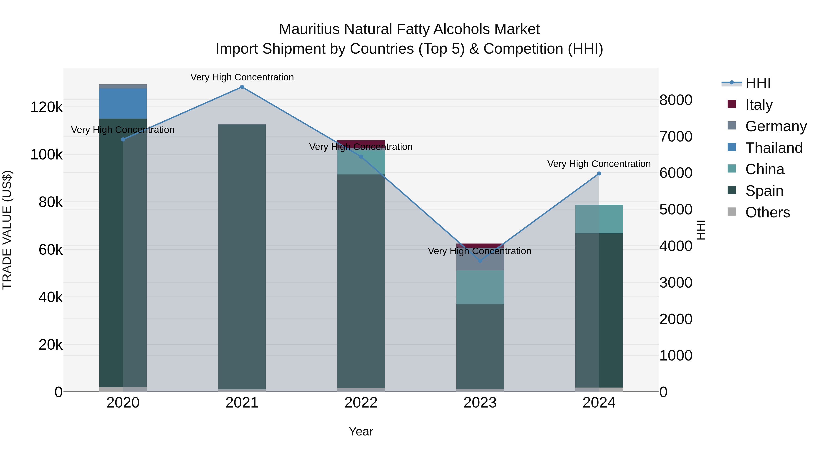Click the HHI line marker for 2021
pos(242,87)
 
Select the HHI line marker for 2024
pos(599,174)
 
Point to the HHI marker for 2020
pos(123,139)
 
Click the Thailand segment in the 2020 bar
pos(123,104)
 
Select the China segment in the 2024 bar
pos(599,219)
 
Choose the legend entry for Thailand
pos(774,148)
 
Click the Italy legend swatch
pos(732,104)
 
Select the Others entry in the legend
pos(768,212)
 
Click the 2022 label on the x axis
pos(361,403)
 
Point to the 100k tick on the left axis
pos(46,155)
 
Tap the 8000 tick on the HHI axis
pos(676,100)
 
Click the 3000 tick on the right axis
pos(676,283)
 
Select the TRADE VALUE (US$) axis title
pos(7,230)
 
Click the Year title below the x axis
pos(361,431)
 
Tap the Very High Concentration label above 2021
pos(242,77)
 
